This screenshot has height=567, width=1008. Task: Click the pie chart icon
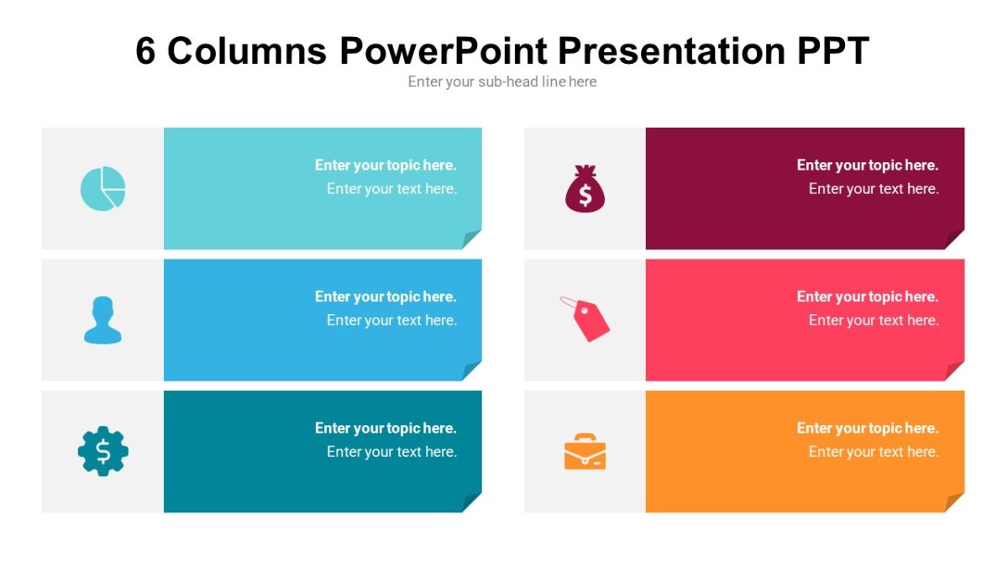(102, 188)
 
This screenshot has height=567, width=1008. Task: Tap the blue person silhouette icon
(102, 320)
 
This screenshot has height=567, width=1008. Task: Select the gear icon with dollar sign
(102, 451)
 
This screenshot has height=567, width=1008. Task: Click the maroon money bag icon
(585, 189)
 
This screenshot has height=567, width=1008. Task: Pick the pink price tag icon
(586, 319)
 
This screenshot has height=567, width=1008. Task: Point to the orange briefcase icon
(585, 452)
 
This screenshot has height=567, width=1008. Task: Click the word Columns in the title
(247, 51)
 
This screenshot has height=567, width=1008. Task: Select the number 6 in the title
(145, 51)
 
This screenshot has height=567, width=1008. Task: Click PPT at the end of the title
(832, 51)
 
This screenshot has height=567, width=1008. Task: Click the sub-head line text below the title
(502, 81)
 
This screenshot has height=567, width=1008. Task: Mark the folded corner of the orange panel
(954, 502)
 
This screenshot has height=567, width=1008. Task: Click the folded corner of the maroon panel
(954, 239)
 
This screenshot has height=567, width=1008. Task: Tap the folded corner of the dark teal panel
(472, 502)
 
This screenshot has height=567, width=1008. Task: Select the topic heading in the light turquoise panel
(386, 165)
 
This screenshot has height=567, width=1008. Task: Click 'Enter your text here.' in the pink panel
(874, 320)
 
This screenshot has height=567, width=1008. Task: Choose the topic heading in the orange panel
(867, 428)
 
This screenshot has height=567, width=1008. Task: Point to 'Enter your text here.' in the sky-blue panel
(391, 320)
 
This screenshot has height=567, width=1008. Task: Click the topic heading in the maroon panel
(867, 165)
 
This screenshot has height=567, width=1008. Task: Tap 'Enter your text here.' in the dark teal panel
(391, 452)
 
